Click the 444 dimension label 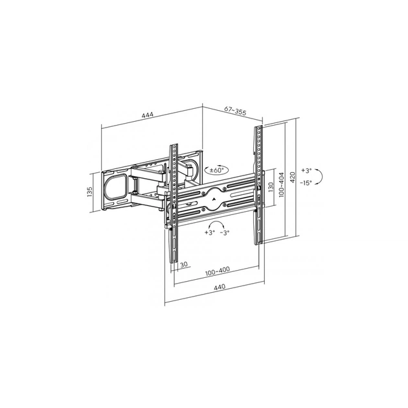(148, 115)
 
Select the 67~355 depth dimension (235, 111)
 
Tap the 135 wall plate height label (90, 192)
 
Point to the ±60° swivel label (217, 170)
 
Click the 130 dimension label (271, 187)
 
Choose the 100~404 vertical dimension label (282, 185)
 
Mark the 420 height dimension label (293, 177)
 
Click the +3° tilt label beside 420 (306, 171)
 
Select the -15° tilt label (306, 183)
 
